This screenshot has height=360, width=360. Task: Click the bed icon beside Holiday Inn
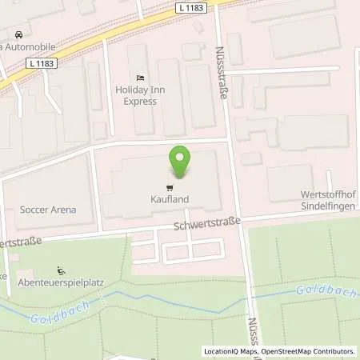pyautogui.click(x=141, y=78)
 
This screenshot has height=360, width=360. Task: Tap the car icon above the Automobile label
pyautogui.click(x=18, y=34)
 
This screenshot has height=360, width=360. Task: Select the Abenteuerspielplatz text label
pyautogui.click(x=56, y=284)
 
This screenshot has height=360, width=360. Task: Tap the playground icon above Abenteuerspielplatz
pyautogui.click(x=61, y=271)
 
